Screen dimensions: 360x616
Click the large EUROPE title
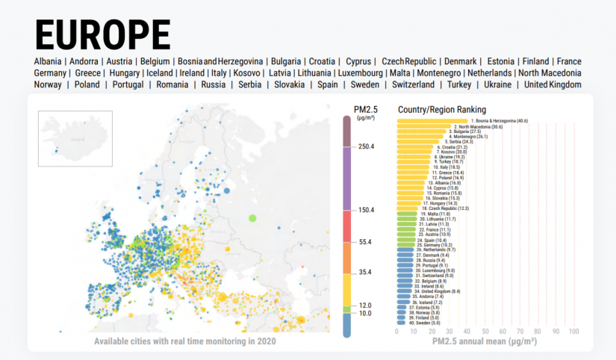[102, 34]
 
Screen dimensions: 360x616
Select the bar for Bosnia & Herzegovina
[432, 120]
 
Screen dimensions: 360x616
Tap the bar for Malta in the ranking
[406, 214]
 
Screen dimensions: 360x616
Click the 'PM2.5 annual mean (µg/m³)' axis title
[485, 341]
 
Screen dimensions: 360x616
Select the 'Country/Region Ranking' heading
[442, 110]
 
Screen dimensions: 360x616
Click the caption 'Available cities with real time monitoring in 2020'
[184, 341]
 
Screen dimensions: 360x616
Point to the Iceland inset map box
[75, 138]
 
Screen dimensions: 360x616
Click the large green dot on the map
[252, 217]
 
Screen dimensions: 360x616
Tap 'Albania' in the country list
[49, 61]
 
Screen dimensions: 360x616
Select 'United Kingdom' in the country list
[553, 85]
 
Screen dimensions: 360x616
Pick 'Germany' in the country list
[51, 73]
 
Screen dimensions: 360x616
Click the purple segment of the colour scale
[349, 179]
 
